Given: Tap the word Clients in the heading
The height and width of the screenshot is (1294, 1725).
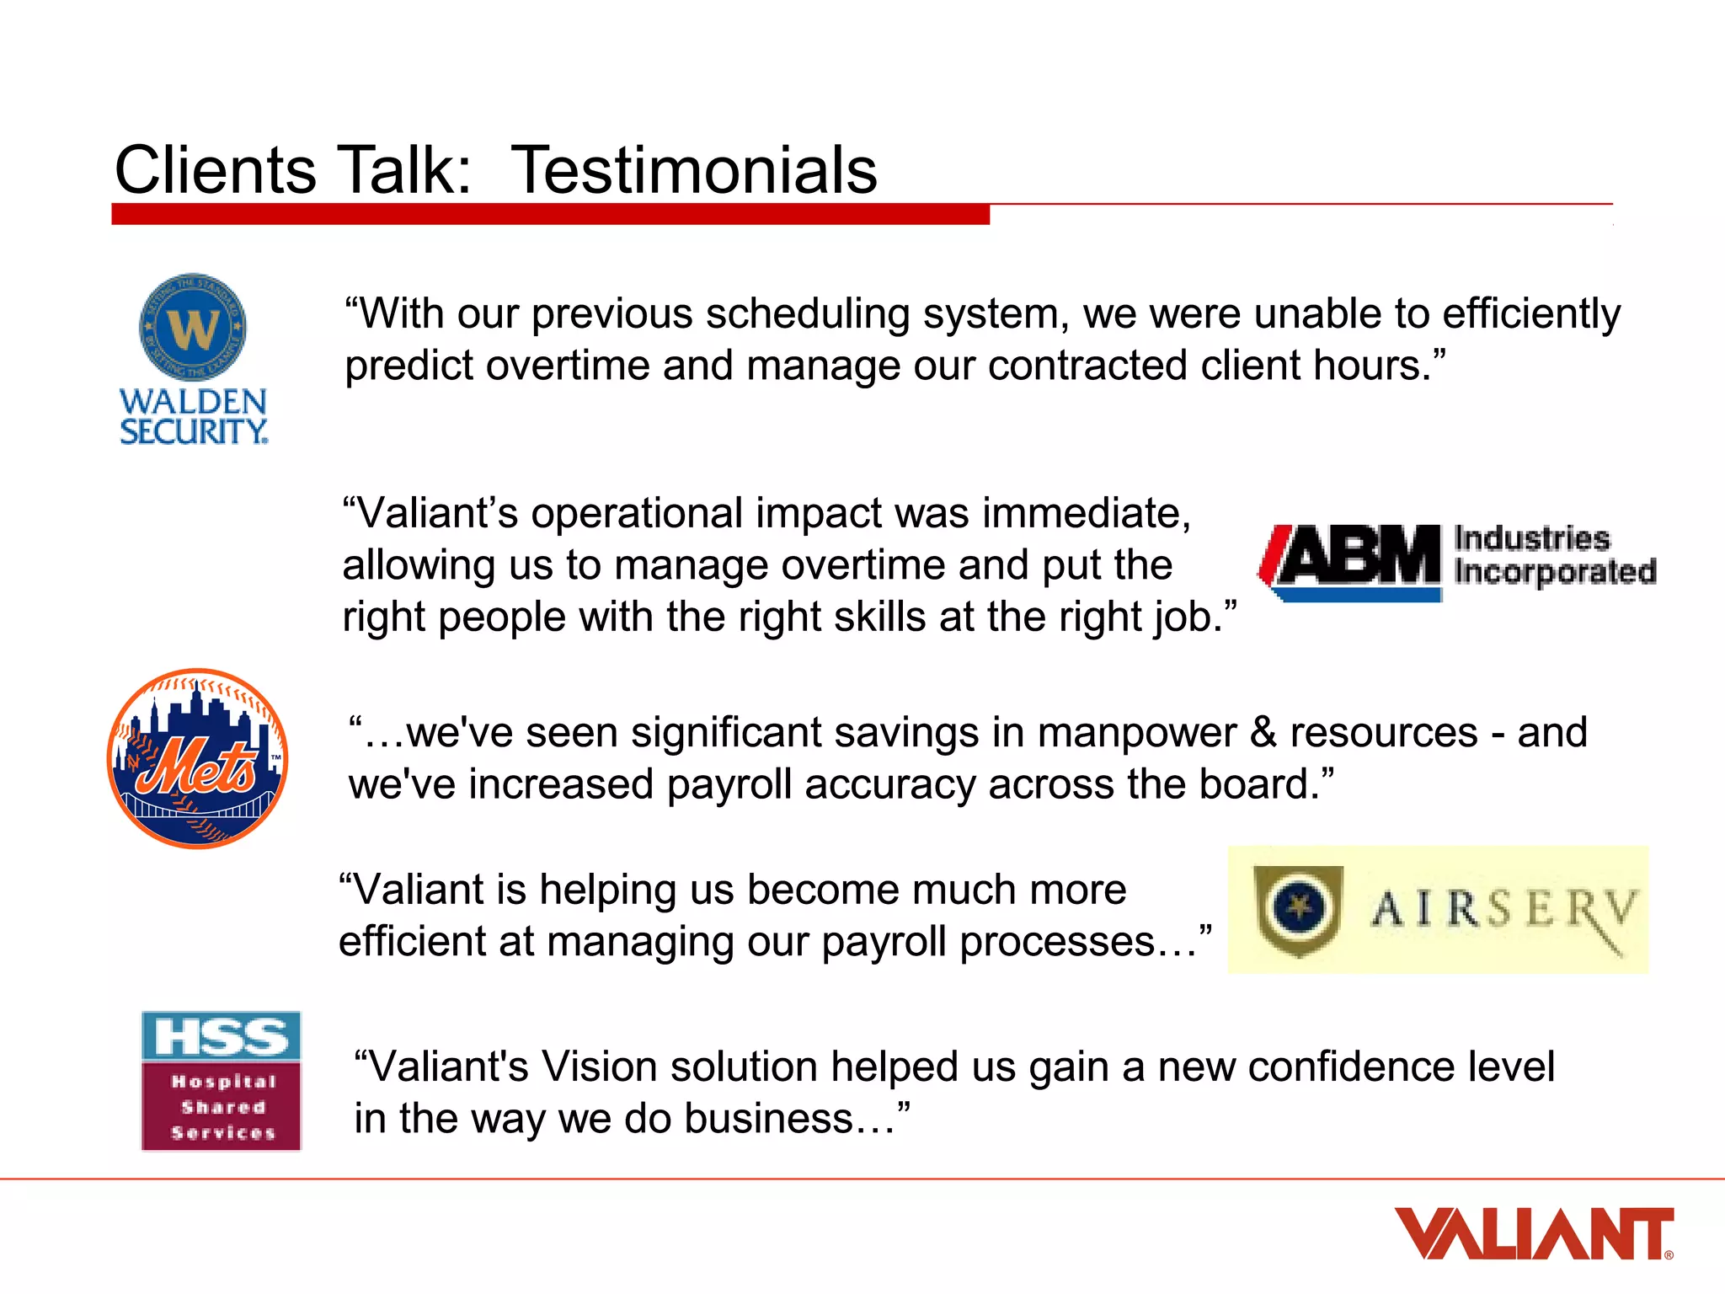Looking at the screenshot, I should tap(215, 170).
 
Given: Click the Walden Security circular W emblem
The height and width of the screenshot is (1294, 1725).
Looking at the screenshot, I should tap(193, 327).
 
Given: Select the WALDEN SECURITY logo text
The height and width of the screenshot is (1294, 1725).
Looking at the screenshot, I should tap(193, 416).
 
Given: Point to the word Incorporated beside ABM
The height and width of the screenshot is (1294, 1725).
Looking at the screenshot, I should tap(1555, 572).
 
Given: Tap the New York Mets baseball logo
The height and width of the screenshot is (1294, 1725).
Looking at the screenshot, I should tap(198, 758).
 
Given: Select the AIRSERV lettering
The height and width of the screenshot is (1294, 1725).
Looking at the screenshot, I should tap(1504, 910).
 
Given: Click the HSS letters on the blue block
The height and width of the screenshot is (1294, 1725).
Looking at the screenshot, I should tap(222, 1035).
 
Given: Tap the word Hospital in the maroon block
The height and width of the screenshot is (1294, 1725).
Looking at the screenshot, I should tap(223, 1082).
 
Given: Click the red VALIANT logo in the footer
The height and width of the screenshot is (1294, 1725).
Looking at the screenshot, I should tap(1533, 1234).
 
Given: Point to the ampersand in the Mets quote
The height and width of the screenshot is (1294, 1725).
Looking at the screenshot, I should tap(1263, 732).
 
